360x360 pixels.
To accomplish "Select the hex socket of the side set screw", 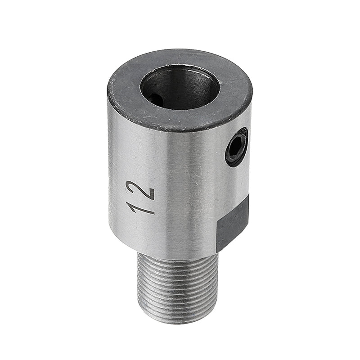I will click(x=236, y=147).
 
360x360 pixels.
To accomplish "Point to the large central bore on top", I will click(x=180, y=88).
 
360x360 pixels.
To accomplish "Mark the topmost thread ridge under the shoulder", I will click(x=178, y=257).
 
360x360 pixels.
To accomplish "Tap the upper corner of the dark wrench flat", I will click(x=248, y=195).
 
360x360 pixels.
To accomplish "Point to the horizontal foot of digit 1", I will click(x=129, y=207).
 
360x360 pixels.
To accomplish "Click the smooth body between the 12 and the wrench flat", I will click(x=189, y=202).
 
